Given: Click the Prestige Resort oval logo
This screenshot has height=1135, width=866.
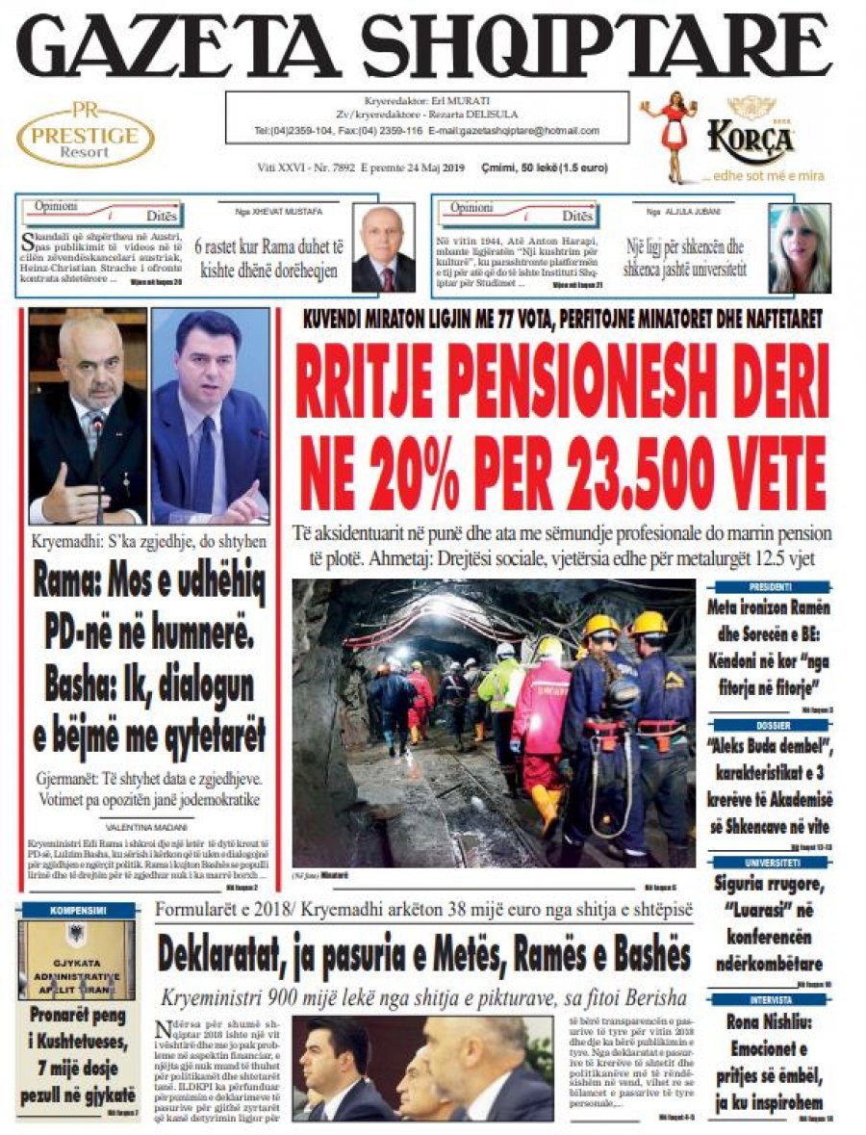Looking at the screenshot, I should coord(86,135).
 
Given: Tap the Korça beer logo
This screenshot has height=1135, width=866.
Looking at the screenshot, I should coord(750,141).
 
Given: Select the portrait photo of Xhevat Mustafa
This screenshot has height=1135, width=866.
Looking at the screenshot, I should coord(383,248).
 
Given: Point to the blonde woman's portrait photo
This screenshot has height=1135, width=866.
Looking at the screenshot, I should coord(799,248).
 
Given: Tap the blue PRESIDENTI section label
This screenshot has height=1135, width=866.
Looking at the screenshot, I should coord(769,586).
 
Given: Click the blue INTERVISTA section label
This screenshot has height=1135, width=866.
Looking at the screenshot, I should coord(769,999).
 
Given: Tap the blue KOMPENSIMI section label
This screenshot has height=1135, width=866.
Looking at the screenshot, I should coord(78,910).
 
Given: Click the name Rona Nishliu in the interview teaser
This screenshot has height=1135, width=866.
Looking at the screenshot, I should coord(769,1023).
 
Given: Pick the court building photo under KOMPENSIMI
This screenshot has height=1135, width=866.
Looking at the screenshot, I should coord(78,959).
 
